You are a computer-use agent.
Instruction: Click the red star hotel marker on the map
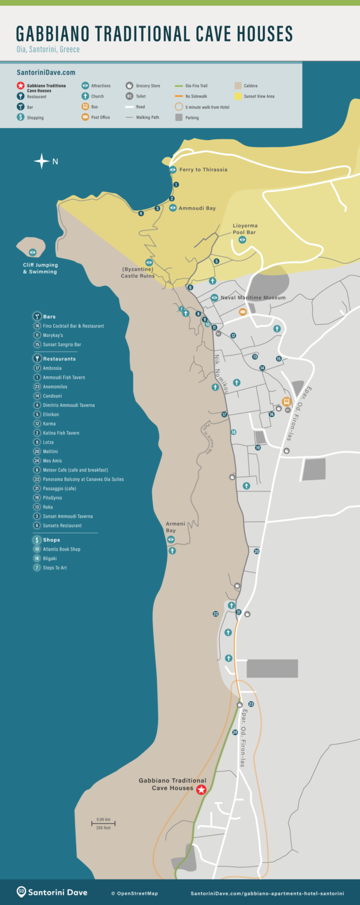click(201, 790)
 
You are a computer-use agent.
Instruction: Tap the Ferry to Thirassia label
click(203, 170)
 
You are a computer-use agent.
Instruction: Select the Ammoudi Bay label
click(197, 208)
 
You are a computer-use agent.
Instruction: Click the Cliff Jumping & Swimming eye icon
click(33, 252)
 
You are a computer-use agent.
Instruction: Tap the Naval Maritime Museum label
click(253, 298)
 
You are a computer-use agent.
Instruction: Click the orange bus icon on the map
click(286, 402)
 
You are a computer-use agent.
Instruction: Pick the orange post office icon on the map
click(243, 312)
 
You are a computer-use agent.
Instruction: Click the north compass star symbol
click(42, 161)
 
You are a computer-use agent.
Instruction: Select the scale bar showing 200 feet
click(103, 824)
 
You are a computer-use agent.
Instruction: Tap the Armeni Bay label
click(175, 526)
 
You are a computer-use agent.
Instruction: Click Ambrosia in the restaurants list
click(52, 368)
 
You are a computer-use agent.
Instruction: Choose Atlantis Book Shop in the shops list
click(61, 549)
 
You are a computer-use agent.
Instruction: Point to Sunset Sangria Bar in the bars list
click(62, 345)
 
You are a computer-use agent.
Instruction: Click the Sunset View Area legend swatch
click(238, 96)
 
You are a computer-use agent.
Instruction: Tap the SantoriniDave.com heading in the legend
click(46, 73)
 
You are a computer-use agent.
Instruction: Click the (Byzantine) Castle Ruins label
click(138, 272)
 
